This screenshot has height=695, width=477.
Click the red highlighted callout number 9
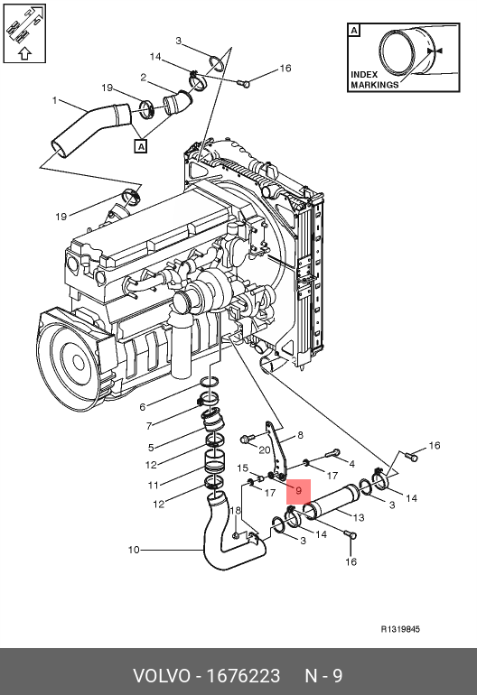click(299, 491)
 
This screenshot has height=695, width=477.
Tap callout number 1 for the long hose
click(54, 100)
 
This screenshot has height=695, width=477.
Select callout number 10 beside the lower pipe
click(134, 550)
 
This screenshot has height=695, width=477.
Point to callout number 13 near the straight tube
click(358, 517)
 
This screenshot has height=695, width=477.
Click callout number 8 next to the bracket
click(300, 435)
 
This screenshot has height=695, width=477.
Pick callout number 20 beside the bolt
click(265, 449)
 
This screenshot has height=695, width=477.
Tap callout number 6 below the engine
click(142, 407)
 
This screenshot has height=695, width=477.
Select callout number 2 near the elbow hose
click(143, 78)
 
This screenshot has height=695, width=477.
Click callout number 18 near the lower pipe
click(235, 511)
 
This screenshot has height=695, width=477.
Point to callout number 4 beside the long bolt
click(351, 464)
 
